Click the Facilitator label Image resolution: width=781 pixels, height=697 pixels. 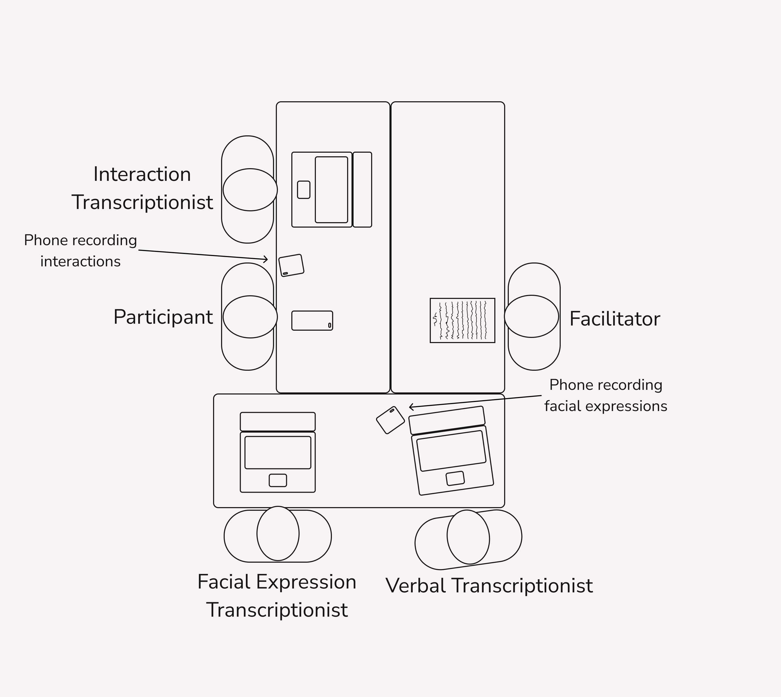(x=614, y=319)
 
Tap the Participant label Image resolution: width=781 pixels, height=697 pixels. (x=163, y=317)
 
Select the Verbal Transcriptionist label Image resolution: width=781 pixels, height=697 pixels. (x=489, y=586)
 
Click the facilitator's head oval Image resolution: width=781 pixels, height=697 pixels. (x=532, y=316)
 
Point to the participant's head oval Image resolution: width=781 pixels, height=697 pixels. (x=250, y=317)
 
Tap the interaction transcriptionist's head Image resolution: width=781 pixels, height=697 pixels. (x=250, y=190)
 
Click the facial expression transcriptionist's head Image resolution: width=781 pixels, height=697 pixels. (x=278, y=533)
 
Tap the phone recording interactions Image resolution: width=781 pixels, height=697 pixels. (x=291, y=265)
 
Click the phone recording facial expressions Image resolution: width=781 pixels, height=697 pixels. (x=390, y=420)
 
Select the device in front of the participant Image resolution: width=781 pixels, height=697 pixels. (x=312, y=321)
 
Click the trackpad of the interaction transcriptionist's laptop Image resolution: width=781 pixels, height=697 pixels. (x=304, y=190)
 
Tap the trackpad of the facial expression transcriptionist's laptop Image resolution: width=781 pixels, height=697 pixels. (x=278, y=480)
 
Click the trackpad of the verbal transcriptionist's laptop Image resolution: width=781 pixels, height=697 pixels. (x=455, y=478)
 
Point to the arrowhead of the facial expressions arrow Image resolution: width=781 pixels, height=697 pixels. (x=411, y=407)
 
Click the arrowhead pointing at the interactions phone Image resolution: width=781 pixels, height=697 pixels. (x=266, y=260)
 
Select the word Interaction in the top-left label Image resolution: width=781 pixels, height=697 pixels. (x=142, y=175)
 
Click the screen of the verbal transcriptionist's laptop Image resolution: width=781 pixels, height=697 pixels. (x=451, y=451)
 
